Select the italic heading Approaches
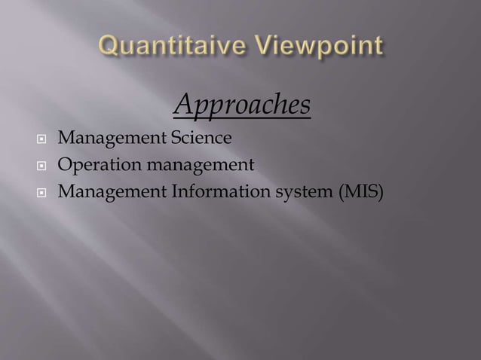(x=242, y=106)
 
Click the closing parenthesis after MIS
(x=380, y=191)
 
